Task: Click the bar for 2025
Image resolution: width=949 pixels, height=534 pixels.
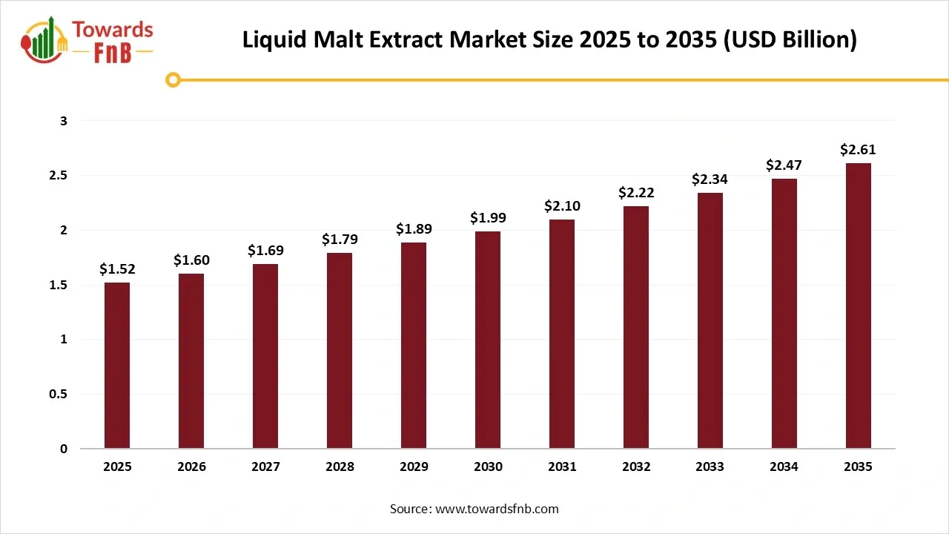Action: [x=117, y=366]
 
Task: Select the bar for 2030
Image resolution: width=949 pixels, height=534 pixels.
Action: [x=488, y=340]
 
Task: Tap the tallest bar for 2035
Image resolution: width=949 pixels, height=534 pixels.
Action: [x=859, y=306]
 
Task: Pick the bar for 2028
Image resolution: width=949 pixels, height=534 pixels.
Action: [x=340, y=351]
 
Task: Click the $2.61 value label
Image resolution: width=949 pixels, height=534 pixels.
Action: [x=859, y=150]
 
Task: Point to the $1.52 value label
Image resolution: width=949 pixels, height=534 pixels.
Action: [x=117, y=269]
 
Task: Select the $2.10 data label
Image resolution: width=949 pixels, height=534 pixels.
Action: [x=562, y=205]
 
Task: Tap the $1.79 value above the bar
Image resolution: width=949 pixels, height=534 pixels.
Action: [x=340, y=240]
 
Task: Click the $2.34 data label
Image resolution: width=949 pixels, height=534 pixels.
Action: [x=710, y=179]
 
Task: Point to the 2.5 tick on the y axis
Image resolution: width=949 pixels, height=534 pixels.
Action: [x=58, y=176]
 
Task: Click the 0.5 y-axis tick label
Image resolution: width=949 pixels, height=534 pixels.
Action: [x=58, y=394]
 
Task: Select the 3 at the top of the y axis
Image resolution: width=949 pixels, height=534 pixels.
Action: [x=64, y=121]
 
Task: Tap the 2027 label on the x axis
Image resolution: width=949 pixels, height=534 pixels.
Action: [x=265, y=467]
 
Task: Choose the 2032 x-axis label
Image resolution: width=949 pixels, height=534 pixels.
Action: [x=636, y=467]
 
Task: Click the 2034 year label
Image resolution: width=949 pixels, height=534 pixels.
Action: [x=784, y=467]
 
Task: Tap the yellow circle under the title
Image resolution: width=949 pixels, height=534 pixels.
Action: [x=173, y=80]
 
